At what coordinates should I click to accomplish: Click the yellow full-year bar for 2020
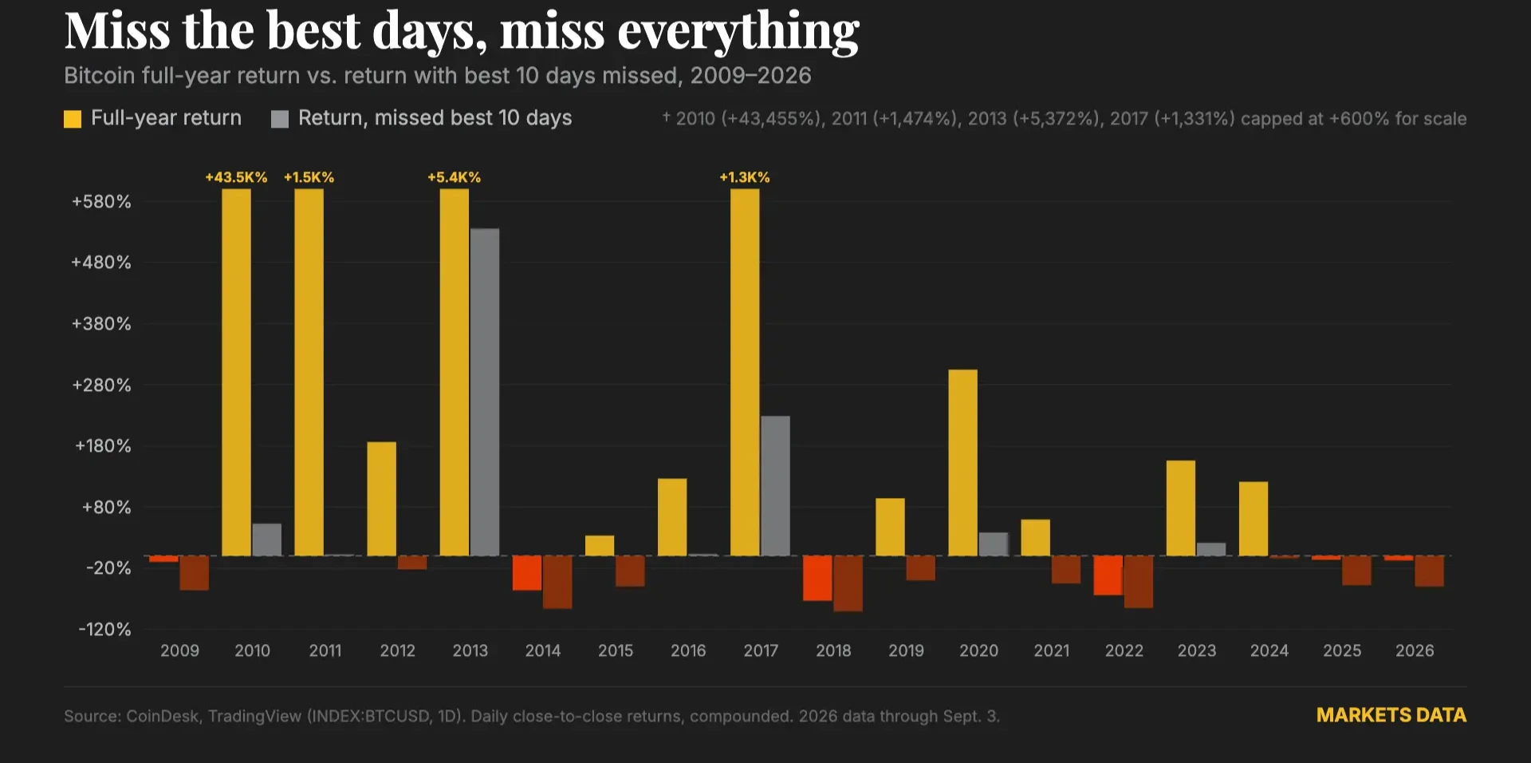[x=962, y=462]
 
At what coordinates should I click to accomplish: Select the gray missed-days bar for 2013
[x=485, y=392]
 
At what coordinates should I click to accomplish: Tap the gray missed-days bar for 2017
[x=775, y=485]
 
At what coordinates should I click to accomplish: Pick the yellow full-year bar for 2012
[x=382, y=499]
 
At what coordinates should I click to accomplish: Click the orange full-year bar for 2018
[x=817, y=578]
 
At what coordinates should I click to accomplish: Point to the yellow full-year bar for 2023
[x=1181, y=508]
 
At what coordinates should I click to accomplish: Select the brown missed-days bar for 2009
[x=195, y=573]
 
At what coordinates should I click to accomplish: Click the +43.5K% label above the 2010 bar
[x=236, y=177]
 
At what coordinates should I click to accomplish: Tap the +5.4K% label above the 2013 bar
[x=454, y=177]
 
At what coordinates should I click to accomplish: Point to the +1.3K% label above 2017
[x=745, y=177]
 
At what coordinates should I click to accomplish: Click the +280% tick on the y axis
[x=101, y=385]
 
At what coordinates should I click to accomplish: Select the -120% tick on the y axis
[x=104, y=630]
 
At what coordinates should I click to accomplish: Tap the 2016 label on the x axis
[x=688, y=650]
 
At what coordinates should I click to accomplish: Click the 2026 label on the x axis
[x=1415, y=650]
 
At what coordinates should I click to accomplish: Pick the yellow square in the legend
[x=73, y=119]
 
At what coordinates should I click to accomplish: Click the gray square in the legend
[x=280, y=119]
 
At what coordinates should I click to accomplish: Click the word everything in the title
[x=738, y=31]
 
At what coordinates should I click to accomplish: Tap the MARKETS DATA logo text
[x=1391, y=715]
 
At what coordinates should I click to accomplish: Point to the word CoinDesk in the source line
[x=162, y=716]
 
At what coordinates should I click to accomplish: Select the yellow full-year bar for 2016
[x=672, y=517]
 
